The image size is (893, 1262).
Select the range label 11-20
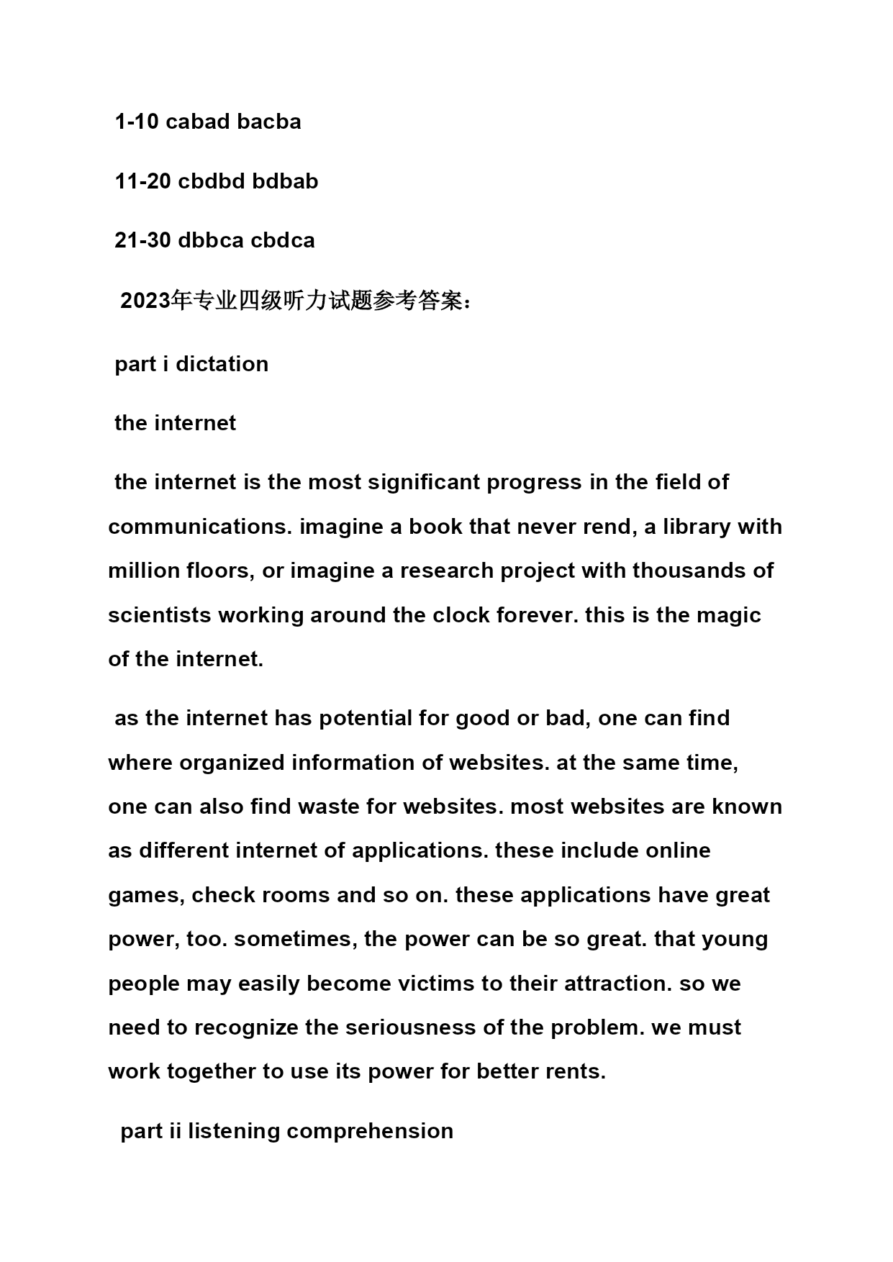tap(142, 181)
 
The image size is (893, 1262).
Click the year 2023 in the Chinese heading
tap(146, 301)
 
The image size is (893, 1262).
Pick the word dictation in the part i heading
tap(222, 364)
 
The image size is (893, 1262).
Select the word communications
tap(199, 527)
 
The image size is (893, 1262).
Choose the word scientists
tap(160, 615)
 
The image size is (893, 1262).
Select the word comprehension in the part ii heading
tap(370, 1131)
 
